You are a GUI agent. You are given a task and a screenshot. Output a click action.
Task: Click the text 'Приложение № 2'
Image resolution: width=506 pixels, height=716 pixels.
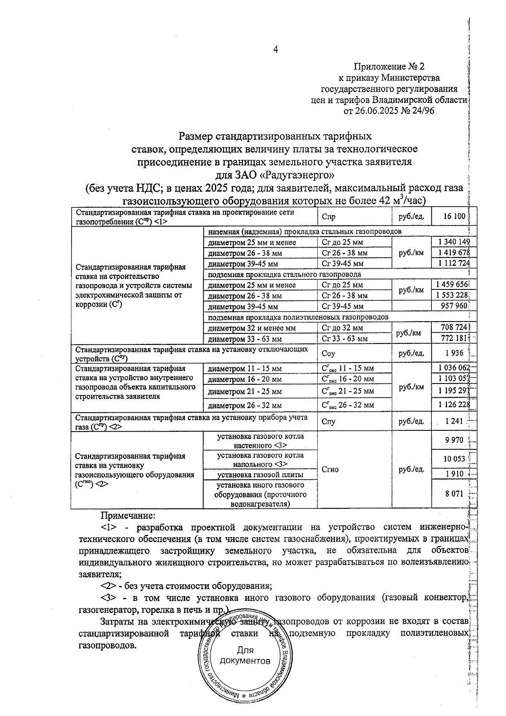point(389,67)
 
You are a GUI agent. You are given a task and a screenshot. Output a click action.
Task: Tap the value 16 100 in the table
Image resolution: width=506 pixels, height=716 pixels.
point(454,216)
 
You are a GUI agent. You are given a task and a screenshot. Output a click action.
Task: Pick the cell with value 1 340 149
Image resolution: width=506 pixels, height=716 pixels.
point(454,242)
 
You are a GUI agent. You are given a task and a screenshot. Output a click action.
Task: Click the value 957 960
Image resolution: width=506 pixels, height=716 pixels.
point(454,306)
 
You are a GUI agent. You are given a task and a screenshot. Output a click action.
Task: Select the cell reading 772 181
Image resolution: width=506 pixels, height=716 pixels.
point(454,338)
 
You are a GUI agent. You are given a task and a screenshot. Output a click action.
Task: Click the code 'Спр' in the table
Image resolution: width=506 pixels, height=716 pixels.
point(328,217)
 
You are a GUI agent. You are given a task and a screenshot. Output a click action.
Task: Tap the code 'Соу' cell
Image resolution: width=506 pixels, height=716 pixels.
point(328,354)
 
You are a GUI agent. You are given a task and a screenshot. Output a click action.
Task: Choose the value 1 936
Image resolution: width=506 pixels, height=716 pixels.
point(454,353)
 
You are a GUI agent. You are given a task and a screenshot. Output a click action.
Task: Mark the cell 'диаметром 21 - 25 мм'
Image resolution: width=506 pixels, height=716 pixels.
point(245,392)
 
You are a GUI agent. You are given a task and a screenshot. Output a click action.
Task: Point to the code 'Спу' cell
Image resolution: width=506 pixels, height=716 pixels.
point(328,421)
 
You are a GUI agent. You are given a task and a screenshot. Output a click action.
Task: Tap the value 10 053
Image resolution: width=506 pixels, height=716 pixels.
point(454,459)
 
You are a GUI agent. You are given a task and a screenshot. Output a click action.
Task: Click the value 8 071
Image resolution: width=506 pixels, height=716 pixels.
point(454,494)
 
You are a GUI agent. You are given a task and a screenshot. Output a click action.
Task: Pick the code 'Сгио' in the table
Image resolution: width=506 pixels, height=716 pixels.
point(330,469)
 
